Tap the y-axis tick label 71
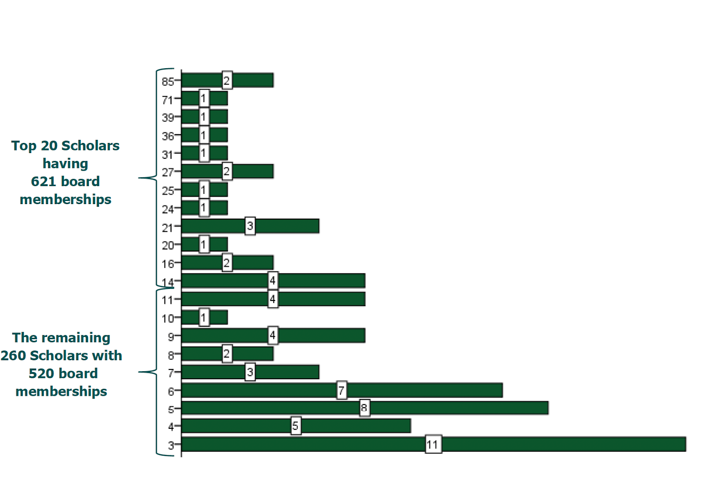(x=167, y=100)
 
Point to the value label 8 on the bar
(x=364, y=408)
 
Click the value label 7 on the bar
(x=341, y=390)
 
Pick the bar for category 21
(x=286, y=226)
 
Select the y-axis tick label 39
(x=167, y=117)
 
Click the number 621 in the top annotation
(x=43, y=181)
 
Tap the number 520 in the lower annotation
(x=41, y=373)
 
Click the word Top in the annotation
(x=23, y=146)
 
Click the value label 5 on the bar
(x=296, y=426)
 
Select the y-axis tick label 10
(x=167, y=318)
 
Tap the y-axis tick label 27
(x=167, y=172)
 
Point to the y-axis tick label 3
(x=171, y=445)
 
